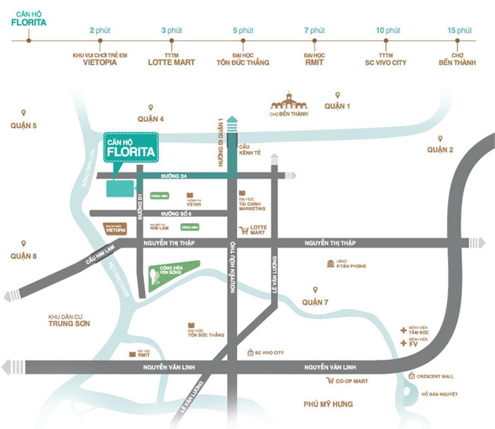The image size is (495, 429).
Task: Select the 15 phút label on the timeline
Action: tap(459, 30)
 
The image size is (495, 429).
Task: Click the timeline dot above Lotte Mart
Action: tap(172, 40)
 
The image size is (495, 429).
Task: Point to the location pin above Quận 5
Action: tap(24, 113)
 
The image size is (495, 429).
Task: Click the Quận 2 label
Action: tap(440, 150)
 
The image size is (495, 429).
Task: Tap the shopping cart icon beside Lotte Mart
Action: tap(244, 230)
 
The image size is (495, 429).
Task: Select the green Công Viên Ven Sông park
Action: tap(173, 274)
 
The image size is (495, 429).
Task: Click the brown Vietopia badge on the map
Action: tap(115, 229)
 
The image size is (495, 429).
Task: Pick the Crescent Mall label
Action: tap(435, 376)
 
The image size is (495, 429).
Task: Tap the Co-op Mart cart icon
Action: tap(330, 381)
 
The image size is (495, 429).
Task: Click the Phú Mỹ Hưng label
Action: tap(328, 404)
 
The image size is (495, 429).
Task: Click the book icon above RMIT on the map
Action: tap(132, 354)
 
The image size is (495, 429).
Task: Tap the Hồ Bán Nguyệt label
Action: tap(439, 394)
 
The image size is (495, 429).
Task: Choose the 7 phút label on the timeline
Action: tap(314, 30)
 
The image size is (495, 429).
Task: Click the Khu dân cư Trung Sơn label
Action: tap(69, 320)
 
